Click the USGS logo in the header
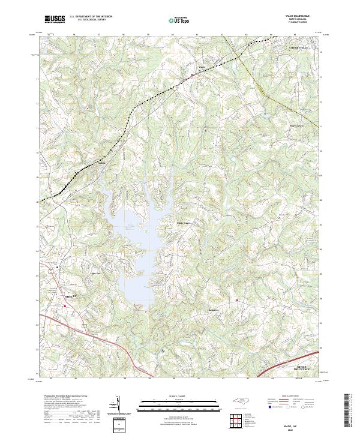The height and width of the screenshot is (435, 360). coord(55,19)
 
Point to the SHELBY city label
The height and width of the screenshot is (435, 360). coord(71,296)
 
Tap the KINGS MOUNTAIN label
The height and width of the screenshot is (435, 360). coord(305,365)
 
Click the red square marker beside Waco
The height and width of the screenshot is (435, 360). coord(193,75)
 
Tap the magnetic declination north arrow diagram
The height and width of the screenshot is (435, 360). coord(117,406)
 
